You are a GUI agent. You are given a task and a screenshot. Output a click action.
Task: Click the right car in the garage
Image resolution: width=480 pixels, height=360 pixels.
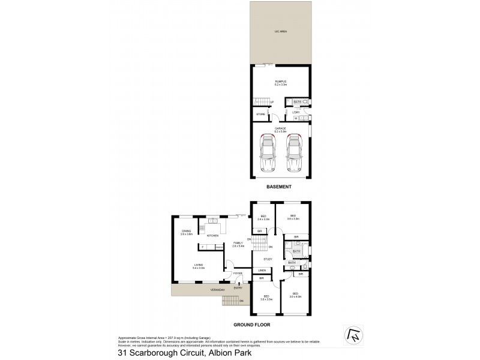coord(293,154)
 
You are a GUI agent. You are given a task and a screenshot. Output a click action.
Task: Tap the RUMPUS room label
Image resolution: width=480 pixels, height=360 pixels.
coord(280,82)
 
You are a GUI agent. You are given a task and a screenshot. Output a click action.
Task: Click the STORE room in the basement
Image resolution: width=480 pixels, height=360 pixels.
coord(260,114)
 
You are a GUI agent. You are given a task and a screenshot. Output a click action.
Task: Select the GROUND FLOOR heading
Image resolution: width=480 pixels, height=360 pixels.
coord(253,325)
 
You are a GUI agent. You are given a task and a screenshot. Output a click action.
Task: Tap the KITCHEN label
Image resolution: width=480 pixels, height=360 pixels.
coord(213,236)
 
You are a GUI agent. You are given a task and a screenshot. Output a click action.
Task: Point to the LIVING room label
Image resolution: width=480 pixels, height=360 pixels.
coord(198,266)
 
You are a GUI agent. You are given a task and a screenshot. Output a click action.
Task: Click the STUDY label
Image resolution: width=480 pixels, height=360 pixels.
coord(268,259)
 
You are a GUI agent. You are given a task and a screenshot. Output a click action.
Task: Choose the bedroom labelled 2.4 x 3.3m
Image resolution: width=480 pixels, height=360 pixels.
coord(263,218)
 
